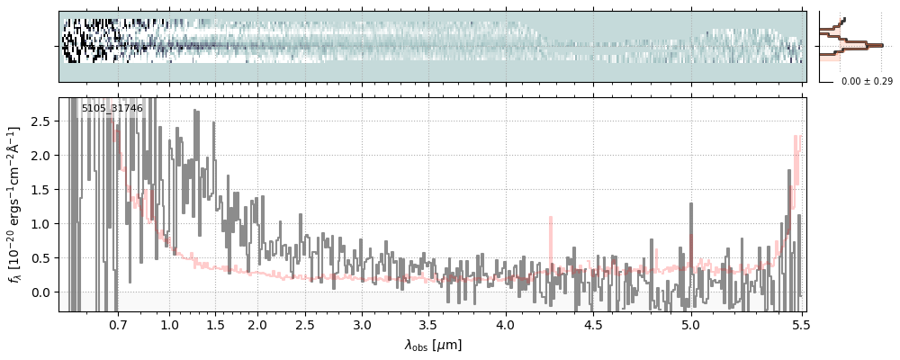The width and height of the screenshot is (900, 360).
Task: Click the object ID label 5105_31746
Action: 112,109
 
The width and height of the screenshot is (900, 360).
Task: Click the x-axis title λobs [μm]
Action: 433,344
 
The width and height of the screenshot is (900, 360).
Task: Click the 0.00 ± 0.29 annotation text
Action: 867,81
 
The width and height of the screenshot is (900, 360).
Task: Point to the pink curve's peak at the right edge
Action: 797,137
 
